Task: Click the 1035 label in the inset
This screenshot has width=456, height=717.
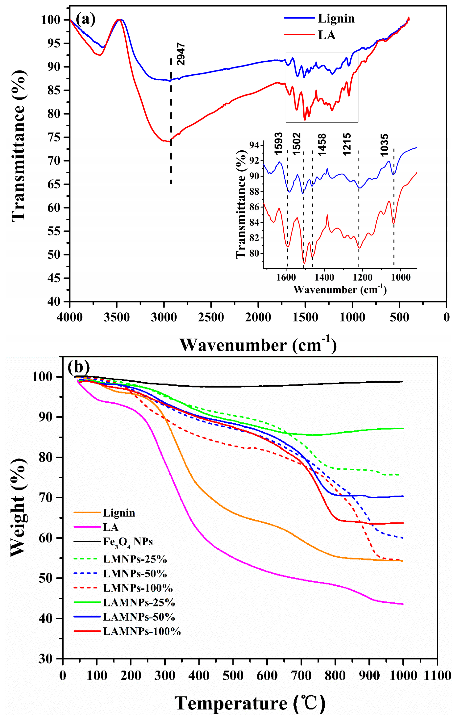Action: [384, 145]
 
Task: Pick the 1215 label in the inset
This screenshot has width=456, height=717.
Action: [347, 144]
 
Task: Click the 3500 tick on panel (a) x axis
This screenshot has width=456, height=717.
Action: [117, 317]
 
